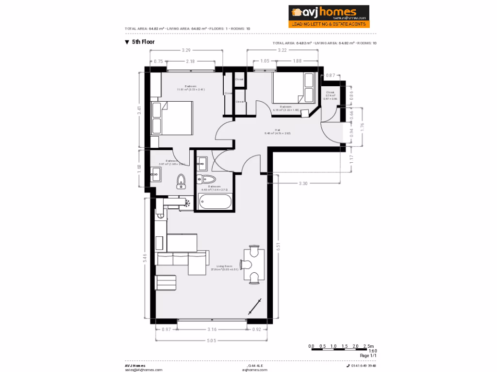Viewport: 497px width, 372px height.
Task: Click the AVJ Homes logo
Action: click(329, 16)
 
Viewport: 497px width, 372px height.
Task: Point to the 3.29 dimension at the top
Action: click(186, 50)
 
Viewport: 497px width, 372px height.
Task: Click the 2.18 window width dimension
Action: click(190, 62)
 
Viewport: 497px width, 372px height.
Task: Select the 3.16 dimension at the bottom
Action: click(212, 330)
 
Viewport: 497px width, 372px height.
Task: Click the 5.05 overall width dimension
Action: click(212, 341)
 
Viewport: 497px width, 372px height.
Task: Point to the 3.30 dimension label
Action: click(303, 183)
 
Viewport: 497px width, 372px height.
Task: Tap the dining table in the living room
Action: click(254, 264)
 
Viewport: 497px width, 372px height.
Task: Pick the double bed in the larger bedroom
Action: click(172, 118)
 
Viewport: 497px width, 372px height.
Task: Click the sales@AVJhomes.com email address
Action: click(143, 370)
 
